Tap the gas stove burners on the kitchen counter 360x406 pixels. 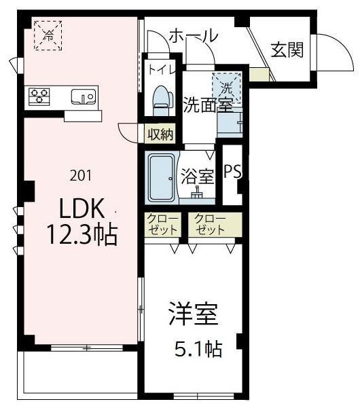coord(39,96)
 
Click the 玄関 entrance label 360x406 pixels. coord(286,50)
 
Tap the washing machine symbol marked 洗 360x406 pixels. coord(226,86)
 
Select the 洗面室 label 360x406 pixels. coord(206,105)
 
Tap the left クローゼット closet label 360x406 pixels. coord(161,224)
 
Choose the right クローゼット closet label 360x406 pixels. coord(209,224)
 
